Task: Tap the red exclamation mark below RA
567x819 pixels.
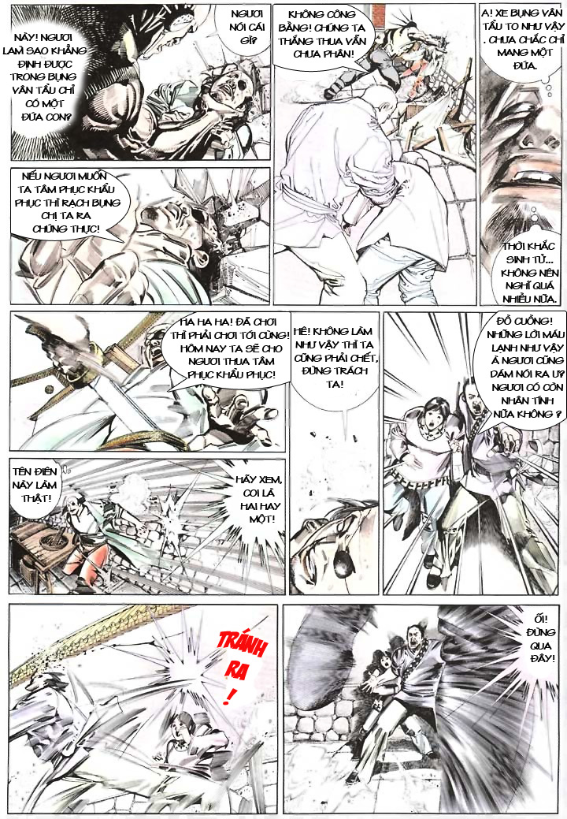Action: tap(230, 696)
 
